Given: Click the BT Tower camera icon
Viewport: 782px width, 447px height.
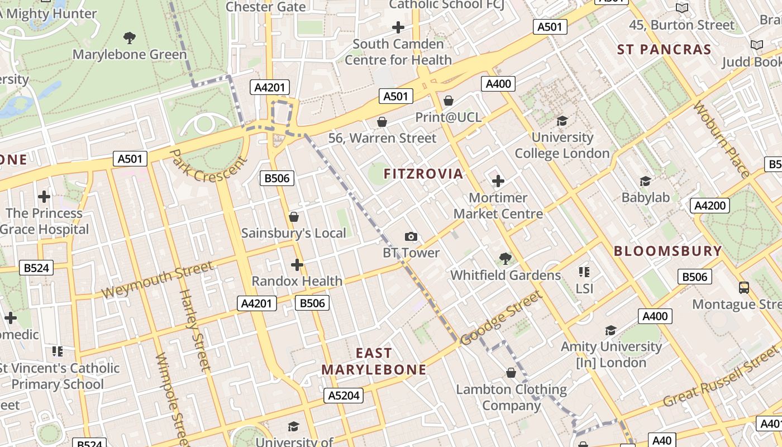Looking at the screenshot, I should pyautogui.click(x=411, y=236).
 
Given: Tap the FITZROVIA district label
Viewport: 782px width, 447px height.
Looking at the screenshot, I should pyautogui.click(x=423, y=174).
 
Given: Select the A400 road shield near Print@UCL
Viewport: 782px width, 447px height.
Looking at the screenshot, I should pyautogui.click(x=498, y=84).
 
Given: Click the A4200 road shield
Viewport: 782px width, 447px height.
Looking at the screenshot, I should pyautogui.click(x=710, y=206).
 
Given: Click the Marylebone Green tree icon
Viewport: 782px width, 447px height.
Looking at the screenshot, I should pyautogui.click(x=130, y=38).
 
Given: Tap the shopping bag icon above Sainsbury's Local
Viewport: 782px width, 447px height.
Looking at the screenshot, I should pyautogui.click(x=294, y=217).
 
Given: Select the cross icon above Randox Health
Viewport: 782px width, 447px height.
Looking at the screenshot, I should pyautogui.click(x=297, y=264).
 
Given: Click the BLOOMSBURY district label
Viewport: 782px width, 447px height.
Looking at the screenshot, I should pyautogui.click(x=668, y=251).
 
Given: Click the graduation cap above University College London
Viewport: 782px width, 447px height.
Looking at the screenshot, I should pyautogui.click(x=562, y=121).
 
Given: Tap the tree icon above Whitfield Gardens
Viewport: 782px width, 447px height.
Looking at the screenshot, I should pyautogui.click(x=506, y=258).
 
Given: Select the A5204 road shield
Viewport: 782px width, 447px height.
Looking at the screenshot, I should pyautogui.click(x=344, y=396).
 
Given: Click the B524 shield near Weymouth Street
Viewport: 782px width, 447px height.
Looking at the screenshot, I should pyautogui.click(x=36, y=268).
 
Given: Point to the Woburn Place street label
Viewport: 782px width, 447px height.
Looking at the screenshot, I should pyautogui.click(x=721, y=139).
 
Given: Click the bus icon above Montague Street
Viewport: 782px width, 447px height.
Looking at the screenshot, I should pyautogui.click(x=743, y=288).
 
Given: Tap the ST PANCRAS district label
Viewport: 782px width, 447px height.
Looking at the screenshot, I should pyautogui.click(x=664, y=49).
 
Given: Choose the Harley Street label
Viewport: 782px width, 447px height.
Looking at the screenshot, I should pyautogui.click(x=194, y=330).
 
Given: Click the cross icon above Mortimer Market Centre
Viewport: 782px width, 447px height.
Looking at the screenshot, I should pyautogui.click(x=498, y=181).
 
